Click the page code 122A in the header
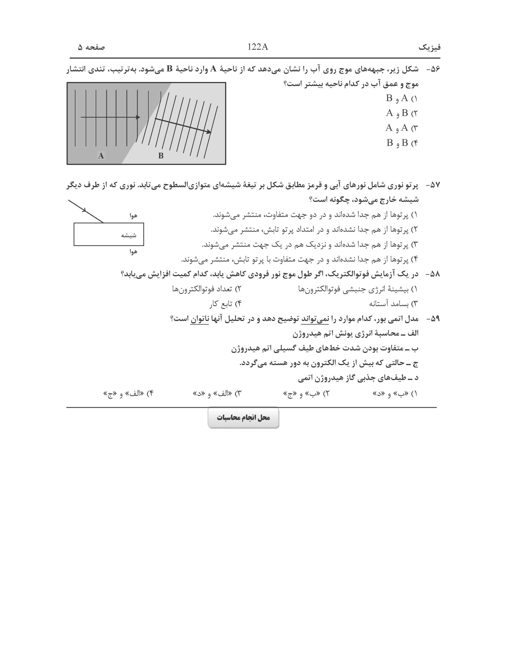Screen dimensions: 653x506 point(258,47)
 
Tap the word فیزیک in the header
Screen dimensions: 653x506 point(429,47)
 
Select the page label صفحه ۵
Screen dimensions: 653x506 point(92,47)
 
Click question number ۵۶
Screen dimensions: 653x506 point(433,69)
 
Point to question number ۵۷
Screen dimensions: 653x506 point(433,185)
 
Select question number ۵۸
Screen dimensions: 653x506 point(433,274)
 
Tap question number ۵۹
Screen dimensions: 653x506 point(433,319)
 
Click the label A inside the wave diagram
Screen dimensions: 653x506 point(101,156)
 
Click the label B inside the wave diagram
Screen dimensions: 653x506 point(161,156)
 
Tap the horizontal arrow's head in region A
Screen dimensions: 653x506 point(138,117)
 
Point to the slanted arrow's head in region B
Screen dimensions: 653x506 point(209,132)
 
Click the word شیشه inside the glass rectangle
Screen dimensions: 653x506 point(128,235)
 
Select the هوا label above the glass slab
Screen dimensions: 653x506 point(133,216)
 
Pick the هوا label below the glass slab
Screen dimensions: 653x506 point(133,252)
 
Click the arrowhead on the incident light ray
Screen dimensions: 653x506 point(85,210)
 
